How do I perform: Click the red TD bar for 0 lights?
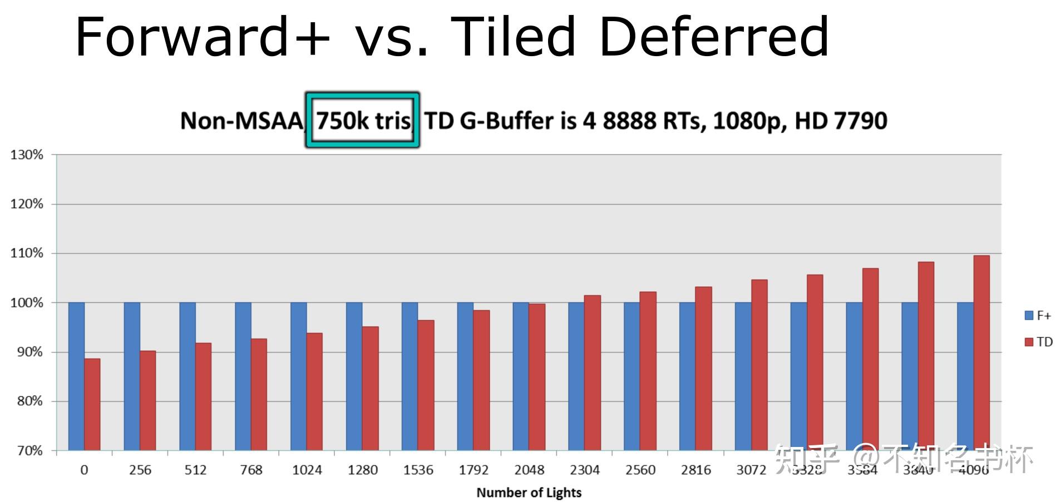coord(92,404)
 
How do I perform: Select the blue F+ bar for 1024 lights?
coord(298,376)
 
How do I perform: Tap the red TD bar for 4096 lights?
coord(981,352)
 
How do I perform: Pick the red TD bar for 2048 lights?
coord(537,376)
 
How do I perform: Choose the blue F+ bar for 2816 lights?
coord(687,376)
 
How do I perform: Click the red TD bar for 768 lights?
coord(259,394)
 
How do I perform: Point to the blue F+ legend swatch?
coord(1029,316)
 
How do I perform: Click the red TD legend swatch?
coord(1029,342)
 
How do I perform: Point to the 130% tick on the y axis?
coord(27,155)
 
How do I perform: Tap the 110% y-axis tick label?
coord(27,254)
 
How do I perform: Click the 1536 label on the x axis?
coord(418,470)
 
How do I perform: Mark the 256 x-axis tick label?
coord(140,470)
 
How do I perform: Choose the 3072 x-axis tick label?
coord(751,470)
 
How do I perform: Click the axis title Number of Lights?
coord(529,493)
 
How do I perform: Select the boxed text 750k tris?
coord(363,121)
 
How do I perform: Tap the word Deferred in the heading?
coord(714,37)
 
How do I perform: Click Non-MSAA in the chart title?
coord(241,121)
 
